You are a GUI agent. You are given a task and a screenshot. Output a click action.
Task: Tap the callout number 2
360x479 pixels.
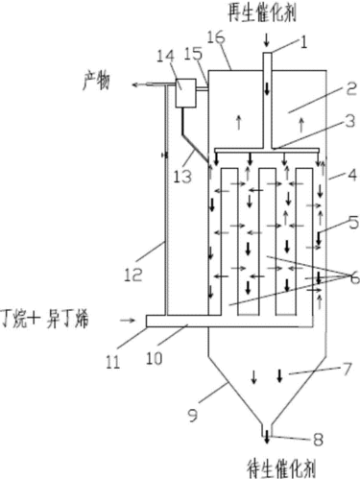[325, 88]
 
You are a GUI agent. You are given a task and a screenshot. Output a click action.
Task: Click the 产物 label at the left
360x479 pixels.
[100, 84]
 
